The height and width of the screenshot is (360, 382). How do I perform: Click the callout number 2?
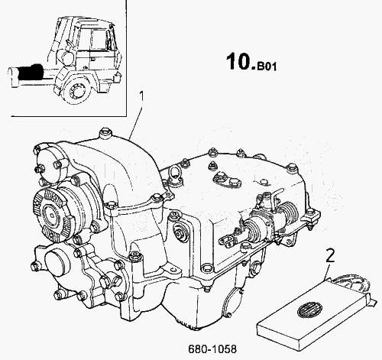tap(330, 255)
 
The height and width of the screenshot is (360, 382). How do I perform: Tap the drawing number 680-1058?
tap(212, 349)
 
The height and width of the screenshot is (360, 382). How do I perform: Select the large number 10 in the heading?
tap(240, 61)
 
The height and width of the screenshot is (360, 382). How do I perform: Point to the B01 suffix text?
tap(267, 67)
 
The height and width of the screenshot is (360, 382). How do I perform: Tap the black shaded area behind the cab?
tap(31, 71)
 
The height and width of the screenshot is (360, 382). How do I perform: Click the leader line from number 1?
tap(136, 122)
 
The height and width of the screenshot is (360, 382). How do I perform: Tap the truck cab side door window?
tap(99, 40)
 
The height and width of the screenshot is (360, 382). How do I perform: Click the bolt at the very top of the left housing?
tap(105, 134)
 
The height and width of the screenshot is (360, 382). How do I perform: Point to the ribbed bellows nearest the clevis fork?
tap(252, 229)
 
